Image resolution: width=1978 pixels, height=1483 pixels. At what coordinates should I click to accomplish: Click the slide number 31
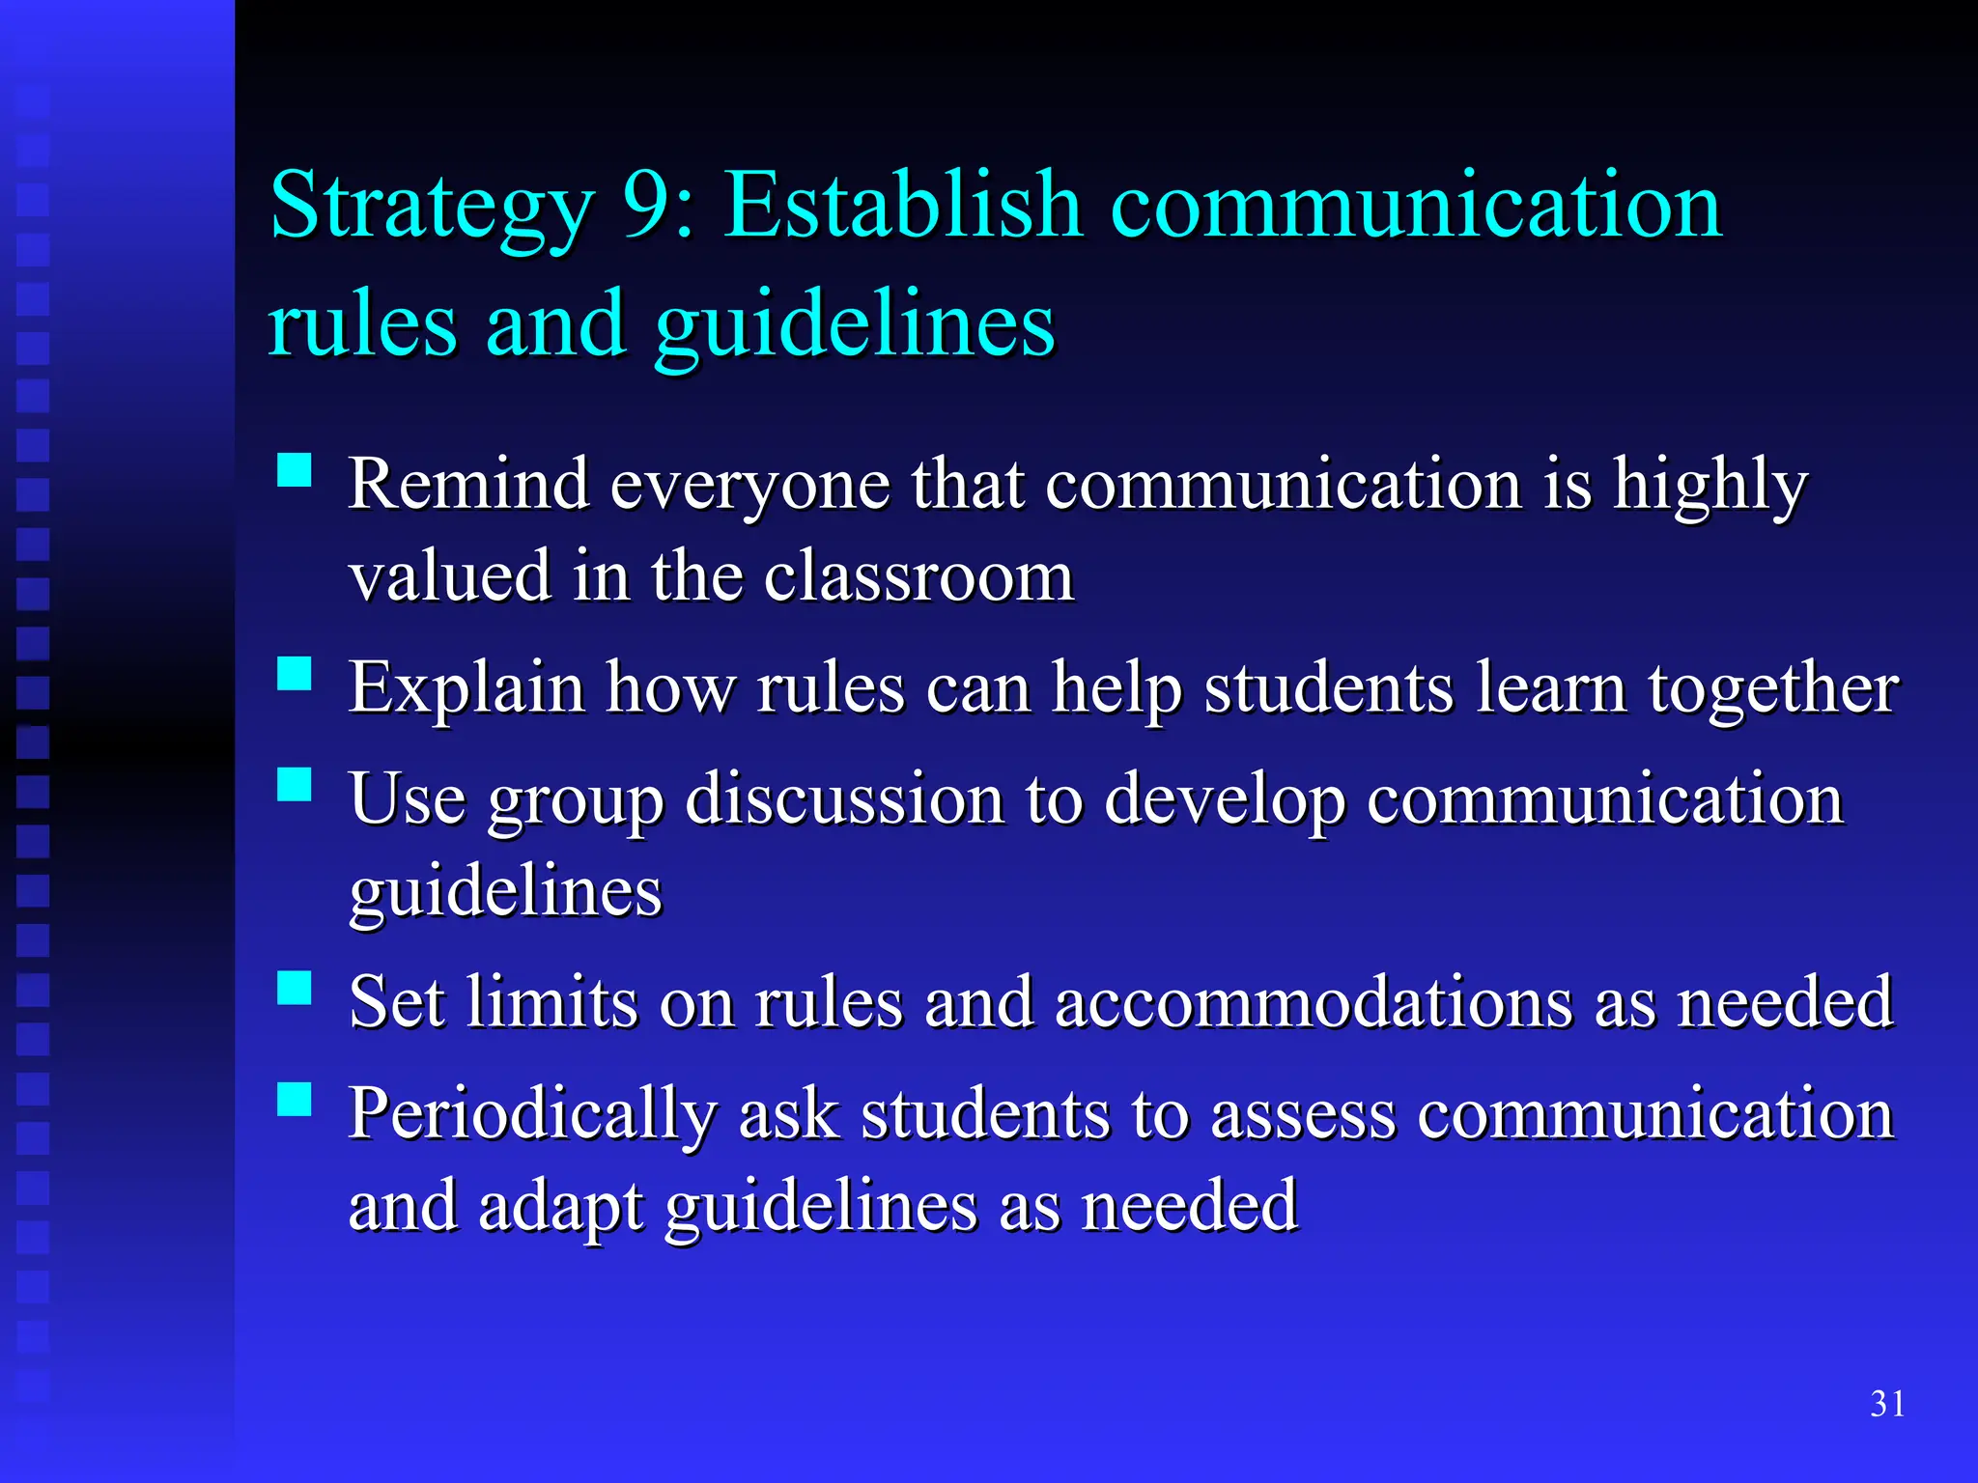[x=1887, y=1404]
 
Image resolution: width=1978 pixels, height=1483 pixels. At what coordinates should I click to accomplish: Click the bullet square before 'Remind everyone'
[x=295, y=470]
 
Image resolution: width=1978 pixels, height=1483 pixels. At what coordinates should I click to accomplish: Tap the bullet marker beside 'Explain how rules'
[x=295, y=674]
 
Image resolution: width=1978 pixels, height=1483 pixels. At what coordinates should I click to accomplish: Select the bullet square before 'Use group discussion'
[x=295, y=785]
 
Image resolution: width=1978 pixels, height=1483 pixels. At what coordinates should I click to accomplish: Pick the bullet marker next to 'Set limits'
[x=295, y=989]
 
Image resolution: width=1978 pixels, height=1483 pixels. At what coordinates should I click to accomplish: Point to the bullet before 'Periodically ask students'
[x=295, y=1100]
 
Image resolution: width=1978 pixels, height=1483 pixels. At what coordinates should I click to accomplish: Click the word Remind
[x=468, y=484]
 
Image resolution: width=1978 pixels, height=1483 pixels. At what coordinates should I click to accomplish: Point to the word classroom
[x=918, y=576]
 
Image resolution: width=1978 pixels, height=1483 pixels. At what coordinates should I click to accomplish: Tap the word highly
[x=1710, y=486]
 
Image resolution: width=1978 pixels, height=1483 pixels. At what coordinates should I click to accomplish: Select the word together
[x=1773, y=690]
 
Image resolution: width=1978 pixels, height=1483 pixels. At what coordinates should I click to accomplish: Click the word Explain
[x=466, y=689]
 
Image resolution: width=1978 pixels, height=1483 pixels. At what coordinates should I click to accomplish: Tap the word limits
[x=551, y=1003]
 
